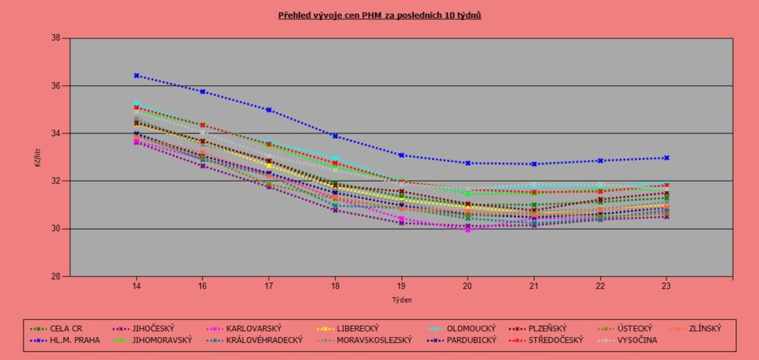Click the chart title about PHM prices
(x=379, y=15)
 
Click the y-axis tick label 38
(x=55, y=39)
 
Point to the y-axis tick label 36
(x=55, y=86)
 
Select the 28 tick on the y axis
(x=55, y=276)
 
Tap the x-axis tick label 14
(x=136, y=285)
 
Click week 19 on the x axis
(x=401, y=285)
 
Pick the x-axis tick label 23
(x=666, y=285)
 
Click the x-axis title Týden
(x=401, y=299)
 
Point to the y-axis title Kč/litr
(x=38, y=157)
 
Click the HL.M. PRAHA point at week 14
(x=136, y=76)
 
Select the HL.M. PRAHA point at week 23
(x=666, y=158)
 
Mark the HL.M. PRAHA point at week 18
(x=335, y=136)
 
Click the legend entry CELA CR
(x=64, y=328)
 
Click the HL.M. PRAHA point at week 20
(x=468, y=163)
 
